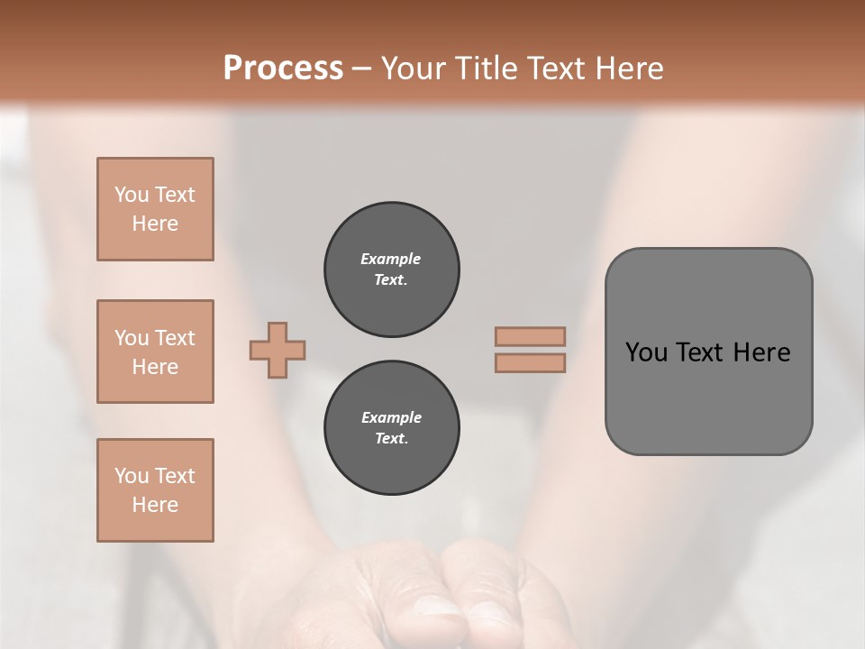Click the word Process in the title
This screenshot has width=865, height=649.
pos(283,68)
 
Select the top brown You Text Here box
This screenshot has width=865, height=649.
pos(155,209)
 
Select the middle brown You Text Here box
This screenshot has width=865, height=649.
pos(155,352)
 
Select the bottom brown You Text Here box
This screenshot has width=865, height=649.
pos(155,490)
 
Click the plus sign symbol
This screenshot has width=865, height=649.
pos(278,350)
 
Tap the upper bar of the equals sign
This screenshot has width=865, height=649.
pos(530,336)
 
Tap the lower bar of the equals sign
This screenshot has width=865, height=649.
pos(530,362)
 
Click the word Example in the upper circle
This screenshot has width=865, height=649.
pos(390,259)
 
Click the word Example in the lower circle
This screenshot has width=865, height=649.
pos(391,417)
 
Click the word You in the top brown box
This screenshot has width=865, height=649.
pos(131,195)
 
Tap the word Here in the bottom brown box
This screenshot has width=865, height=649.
pos(155,505)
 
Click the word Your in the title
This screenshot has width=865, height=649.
pos(410,68)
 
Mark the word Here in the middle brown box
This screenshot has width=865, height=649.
pos(155,367)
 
